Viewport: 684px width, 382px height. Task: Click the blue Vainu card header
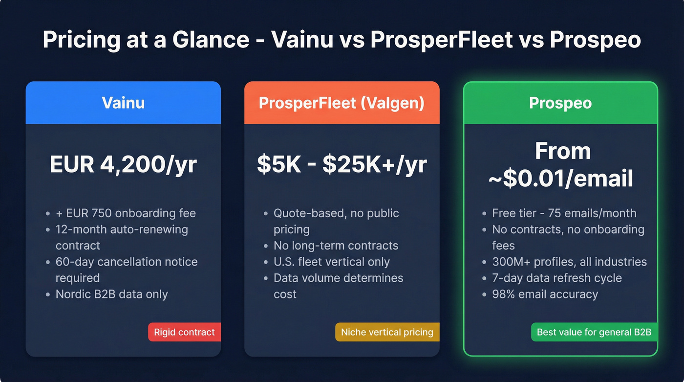pos(123,103)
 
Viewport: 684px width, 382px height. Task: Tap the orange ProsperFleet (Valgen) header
pos(342,103)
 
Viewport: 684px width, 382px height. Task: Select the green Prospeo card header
pos(560,103)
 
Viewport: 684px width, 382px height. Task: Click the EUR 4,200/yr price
pos(123,165)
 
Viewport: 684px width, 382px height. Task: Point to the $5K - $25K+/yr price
pos(342,165)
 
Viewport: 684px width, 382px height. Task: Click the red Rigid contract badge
pos(184,332)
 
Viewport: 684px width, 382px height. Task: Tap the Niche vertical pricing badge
pos(387,332)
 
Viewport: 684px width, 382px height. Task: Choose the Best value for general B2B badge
pos(594,332)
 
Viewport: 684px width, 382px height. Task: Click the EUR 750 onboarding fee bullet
pos(126,213)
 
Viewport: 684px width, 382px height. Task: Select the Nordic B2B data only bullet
pos(112,294)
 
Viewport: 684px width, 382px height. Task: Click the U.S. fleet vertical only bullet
pos(331,262)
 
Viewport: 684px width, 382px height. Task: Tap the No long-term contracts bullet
pos(336,246)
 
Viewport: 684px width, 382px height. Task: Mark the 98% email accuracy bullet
pos(545,294)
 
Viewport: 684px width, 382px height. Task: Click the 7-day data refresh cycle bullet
pos(557,278)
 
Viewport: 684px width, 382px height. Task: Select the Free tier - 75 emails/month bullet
pos(564,213)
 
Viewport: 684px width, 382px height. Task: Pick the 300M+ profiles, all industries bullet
pos(569,262)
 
